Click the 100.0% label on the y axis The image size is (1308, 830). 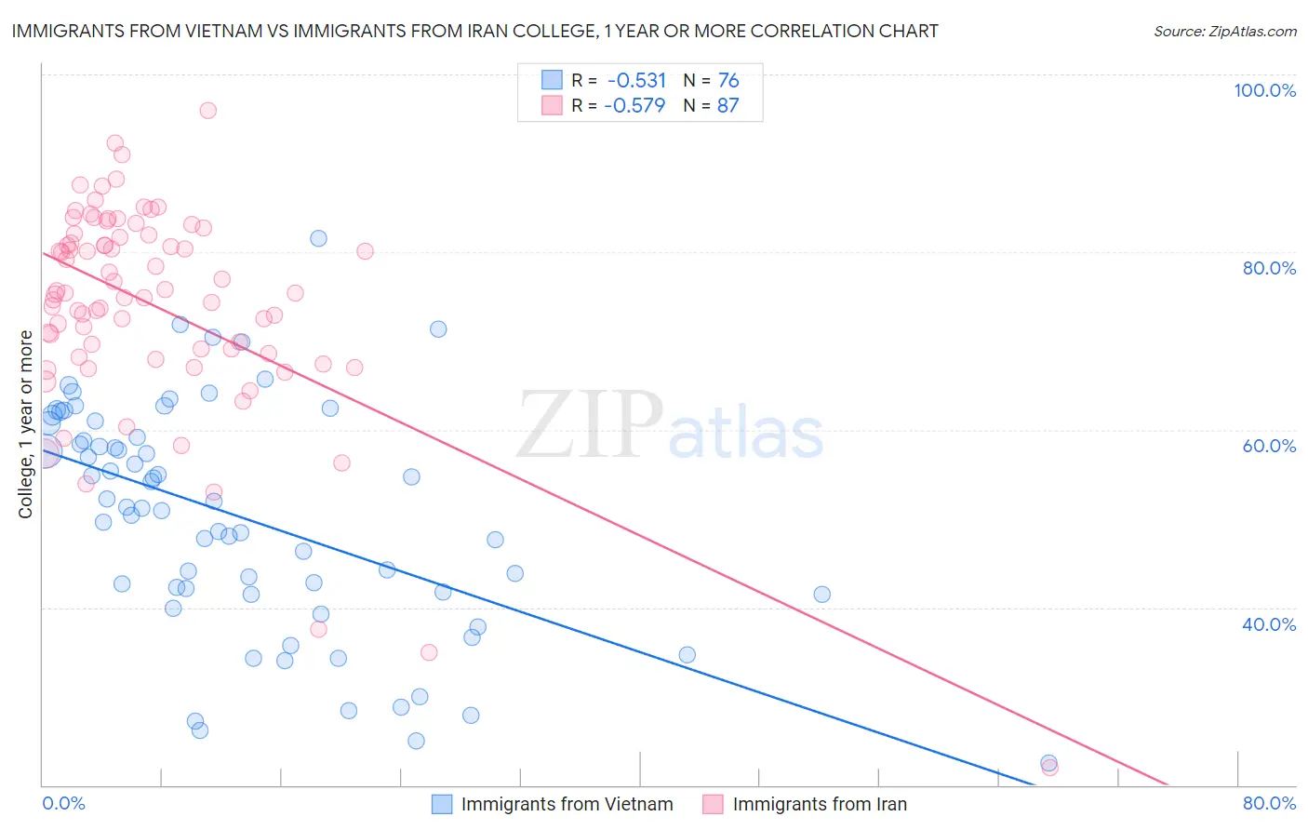(x=1264, y=90)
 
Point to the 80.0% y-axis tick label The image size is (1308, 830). (x=1269, y=268)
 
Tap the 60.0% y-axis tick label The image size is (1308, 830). (x=1269, y=446)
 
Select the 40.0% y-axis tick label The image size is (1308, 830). (x=1269, y=624)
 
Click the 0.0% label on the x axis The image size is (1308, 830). (x=64, y=803)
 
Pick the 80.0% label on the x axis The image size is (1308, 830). (x=1269, y=803)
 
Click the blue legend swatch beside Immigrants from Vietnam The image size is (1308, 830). (x=442, y=804)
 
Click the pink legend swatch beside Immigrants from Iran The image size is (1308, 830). (x=714, y=804)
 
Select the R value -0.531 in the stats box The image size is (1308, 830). (x=635, y=80)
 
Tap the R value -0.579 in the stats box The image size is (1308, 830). (x=634, y=105)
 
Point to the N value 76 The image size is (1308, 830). (x=728, y=80)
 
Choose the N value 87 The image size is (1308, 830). (x=727, y=105)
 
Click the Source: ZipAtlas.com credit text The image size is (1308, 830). (x=1224, y=31)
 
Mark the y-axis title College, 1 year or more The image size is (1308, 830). (x=26, y=424)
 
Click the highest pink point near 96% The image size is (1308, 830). (x=207, y=110)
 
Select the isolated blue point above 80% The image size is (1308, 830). (x=318, y=238)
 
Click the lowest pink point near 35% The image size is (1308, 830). (x=429, y=652)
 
